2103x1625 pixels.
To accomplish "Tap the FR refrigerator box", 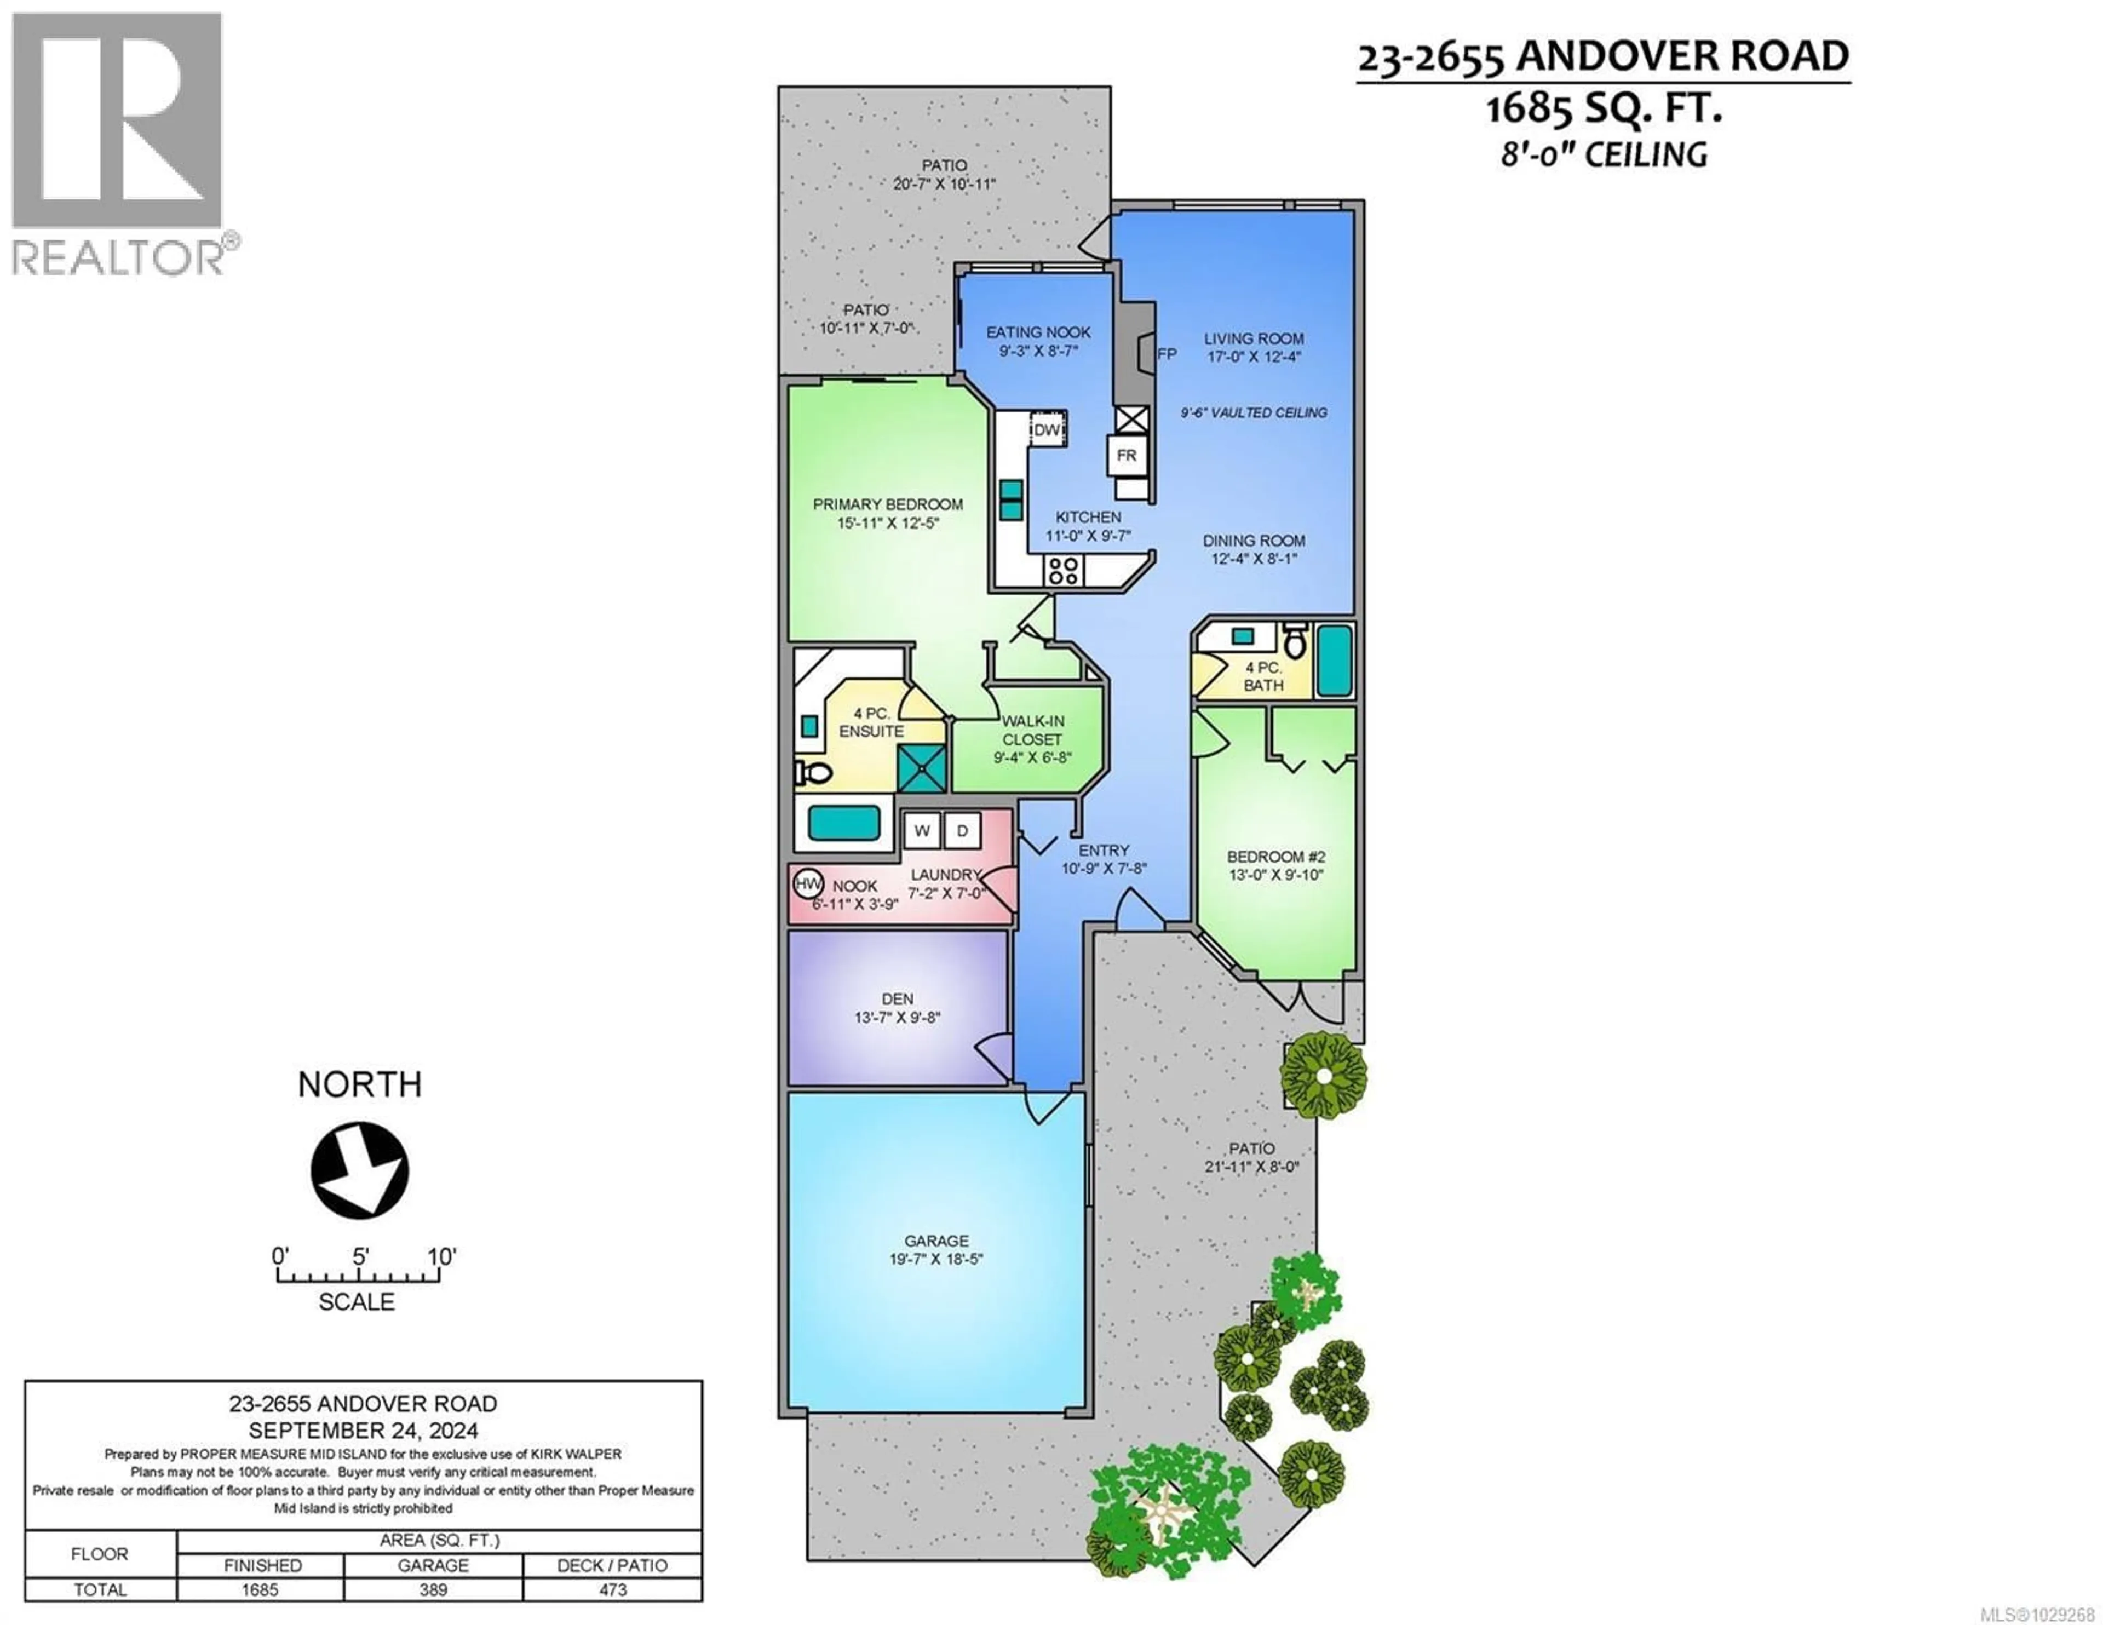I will [1127, 455].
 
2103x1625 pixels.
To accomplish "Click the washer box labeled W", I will [922, 830].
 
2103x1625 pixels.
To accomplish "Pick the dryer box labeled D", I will [962, 830].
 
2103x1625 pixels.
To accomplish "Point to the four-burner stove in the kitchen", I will [1063, 571].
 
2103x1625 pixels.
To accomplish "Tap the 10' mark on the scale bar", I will [441, 1257].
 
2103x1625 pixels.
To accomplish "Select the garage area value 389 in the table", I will [433, 1589].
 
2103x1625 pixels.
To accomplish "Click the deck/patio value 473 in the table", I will [612, 1589].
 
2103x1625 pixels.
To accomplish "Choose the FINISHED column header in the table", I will [262, 1565].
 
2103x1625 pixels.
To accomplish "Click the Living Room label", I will [1254, 338].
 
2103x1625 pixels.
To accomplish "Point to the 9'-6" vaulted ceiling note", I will [1254, 412].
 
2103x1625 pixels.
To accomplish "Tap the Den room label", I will [898, 999].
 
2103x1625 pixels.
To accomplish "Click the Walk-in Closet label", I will [1032, 730].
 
